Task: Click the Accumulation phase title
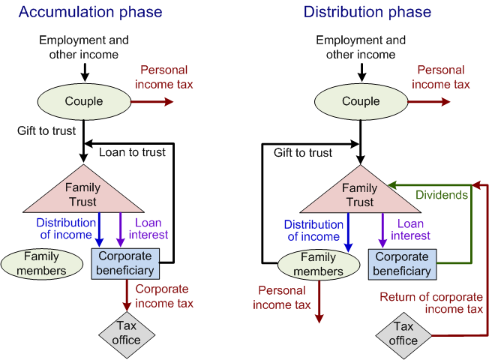tap(90, 12)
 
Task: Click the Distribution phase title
tap(367, 12)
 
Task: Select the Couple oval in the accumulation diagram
tap(84, 101)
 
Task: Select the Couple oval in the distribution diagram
tap(361, 101)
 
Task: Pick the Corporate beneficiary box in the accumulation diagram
tap(126, 263)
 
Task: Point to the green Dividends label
tap(442, 195)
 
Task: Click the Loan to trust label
tap(132, 153)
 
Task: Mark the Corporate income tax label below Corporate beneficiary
tap(164, 296)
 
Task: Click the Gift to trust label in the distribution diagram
tap(302, 153)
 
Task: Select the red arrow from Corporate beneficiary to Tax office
tap(126, 295)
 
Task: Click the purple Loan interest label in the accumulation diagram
tap(151, 229)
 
